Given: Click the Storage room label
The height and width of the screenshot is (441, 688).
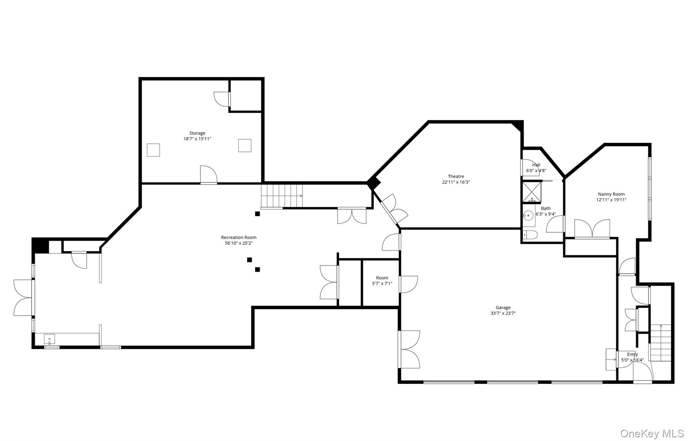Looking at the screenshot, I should point(197,133).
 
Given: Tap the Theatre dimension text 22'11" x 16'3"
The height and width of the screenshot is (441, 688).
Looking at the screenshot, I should point(456,182).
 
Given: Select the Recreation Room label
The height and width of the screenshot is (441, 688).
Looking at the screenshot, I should point(239,237).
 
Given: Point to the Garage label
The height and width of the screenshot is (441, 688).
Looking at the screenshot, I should point(503,307).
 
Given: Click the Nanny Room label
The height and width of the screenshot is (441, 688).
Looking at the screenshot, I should point(611,194).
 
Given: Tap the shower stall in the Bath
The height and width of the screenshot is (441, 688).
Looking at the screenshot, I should point(531,192).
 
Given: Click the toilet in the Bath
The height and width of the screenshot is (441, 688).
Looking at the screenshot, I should point(530,234).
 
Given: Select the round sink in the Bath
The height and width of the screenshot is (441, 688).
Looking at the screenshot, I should point(528,215).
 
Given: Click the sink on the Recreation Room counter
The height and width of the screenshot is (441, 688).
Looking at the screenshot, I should point(49,339).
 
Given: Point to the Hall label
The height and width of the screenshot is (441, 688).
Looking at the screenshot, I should point(536,165).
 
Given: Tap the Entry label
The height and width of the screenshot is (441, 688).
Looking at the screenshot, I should point(632,354).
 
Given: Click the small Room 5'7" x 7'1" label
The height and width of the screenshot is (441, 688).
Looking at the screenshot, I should point(382,278).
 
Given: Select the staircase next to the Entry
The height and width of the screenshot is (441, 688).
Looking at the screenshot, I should point(660,343).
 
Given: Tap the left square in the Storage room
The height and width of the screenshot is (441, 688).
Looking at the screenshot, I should point(153,150).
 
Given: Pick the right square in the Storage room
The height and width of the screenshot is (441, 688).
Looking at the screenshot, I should point(245,145).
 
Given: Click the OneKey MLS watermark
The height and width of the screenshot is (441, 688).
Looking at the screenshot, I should point(652,433).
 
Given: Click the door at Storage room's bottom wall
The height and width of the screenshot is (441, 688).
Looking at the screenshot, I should point(209,175).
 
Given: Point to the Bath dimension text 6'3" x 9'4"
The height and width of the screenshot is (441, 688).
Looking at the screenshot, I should point(546,214).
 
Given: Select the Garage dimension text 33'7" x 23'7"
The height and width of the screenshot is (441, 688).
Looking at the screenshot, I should point(503,313).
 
